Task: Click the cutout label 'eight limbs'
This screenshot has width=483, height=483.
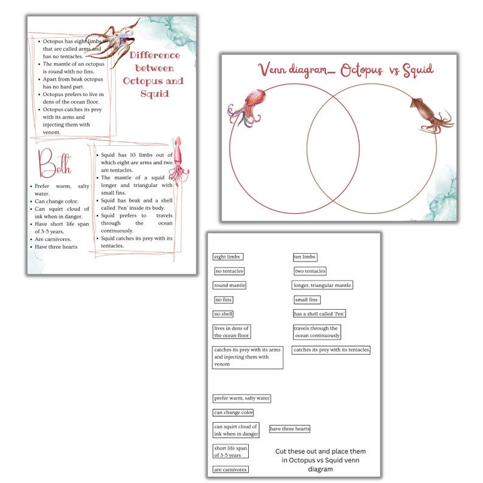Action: [x=228, y=257]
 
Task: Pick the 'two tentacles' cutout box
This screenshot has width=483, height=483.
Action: [x=310, y=271]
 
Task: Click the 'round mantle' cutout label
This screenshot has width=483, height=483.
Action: [x=229, y=285]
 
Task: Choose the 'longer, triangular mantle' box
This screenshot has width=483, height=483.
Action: [x=322, y=285]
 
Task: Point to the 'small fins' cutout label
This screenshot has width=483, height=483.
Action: [x=306, y=300]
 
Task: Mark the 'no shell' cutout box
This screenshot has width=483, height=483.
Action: [x=223, y=314]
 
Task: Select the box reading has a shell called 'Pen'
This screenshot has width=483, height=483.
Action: [x=319, y=314]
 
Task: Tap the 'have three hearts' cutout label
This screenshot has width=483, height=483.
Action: [x=290, y=429]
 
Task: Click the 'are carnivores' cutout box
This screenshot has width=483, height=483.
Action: [x=231, y=470]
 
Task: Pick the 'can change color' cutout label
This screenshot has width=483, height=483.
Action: [x=233, y=412]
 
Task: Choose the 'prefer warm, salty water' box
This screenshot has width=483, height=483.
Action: [x=241, y=398]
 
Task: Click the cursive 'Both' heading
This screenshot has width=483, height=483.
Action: [x=54, y=164]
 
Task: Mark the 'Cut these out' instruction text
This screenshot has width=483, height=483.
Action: [x=320, y=460]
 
